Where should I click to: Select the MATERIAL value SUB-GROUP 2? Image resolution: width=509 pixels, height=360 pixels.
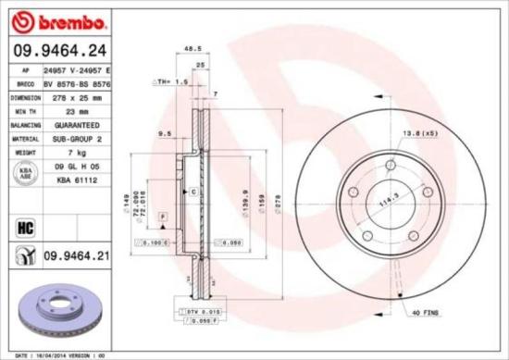tap(70, 137)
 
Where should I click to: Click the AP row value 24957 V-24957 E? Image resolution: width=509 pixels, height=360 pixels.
tap(78, 69)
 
